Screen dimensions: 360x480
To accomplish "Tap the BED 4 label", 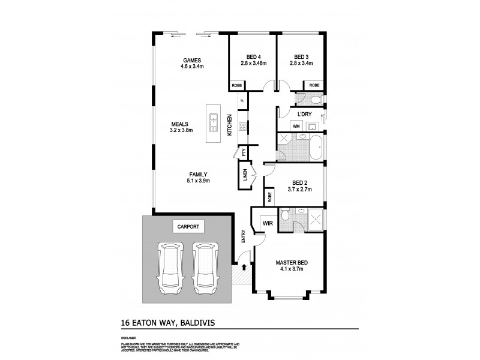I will tap(253, 56).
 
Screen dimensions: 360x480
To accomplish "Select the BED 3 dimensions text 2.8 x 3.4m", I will tap(301, 63).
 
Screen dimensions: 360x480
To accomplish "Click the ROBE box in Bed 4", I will tap(237, 85).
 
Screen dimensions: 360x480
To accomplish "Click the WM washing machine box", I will tap(296, 126).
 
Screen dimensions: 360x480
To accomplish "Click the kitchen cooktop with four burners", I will tap(242, 127).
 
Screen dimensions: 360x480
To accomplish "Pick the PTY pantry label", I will tap(244, 152).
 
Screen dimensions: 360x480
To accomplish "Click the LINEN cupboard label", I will tap(245, 177).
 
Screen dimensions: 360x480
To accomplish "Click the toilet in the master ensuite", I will tap(287, 216).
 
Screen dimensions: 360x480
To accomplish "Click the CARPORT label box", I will tap(188, 227).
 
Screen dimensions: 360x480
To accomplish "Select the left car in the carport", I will tap(169, 268).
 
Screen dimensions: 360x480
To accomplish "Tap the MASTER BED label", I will tap(291, 263).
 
